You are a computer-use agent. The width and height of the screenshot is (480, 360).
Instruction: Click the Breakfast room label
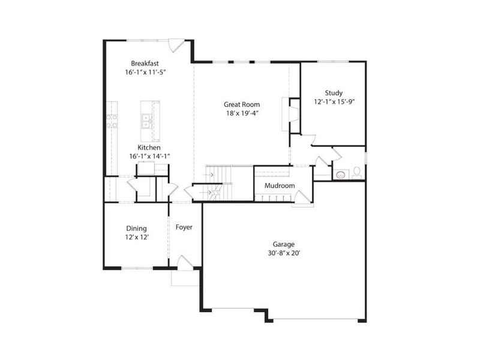(145, 63)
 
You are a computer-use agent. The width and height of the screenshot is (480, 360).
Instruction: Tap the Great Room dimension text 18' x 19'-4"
(241, 113)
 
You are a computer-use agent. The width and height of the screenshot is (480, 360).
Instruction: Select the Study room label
(334, 93)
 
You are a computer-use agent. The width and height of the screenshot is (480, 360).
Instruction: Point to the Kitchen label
(149, 147)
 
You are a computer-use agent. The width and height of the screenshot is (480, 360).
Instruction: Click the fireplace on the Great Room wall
(293, 113)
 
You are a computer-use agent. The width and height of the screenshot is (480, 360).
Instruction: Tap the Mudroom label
(280, 186)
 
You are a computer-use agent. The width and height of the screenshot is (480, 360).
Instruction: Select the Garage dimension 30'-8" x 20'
(283, 253)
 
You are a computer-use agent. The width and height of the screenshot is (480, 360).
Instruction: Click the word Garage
(283, 244)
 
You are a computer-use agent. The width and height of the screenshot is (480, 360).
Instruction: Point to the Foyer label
(184, 227)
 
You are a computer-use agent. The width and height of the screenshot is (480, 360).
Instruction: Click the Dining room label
(136, 229)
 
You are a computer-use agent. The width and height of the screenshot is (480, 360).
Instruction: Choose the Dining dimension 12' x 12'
(137, 238)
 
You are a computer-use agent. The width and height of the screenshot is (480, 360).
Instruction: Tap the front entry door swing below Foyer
(184, 262)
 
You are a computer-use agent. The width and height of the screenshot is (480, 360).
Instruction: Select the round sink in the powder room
(340, 175)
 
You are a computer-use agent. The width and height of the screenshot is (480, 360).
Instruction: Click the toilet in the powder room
(356, 172)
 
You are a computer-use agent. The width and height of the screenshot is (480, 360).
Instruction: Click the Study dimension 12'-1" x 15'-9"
(334, 102)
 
